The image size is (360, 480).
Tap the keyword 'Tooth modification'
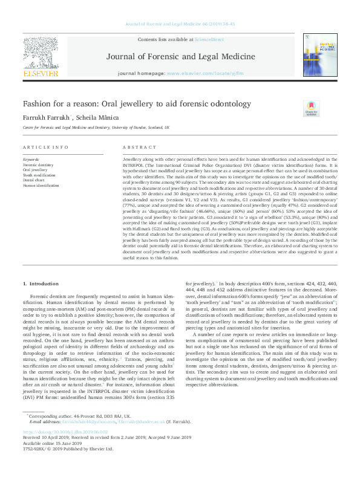[x=39, y=175]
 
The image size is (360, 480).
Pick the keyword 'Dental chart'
[x=34, y=180]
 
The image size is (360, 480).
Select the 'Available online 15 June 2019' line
[x=51, y=442]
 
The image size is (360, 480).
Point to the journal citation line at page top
[x=180, y=24]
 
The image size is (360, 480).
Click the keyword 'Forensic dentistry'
[x=38, y=165]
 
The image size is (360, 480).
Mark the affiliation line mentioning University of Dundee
[x=96, y=128]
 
